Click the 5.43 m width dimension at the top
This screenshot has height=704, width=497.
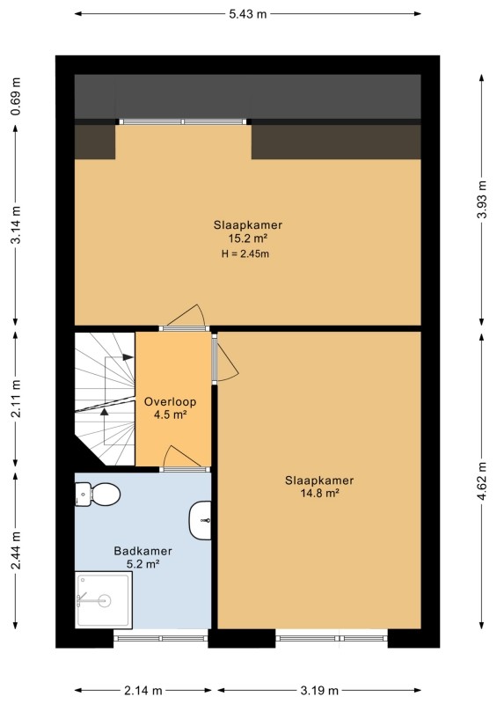pyautogui.click(x=248, y=14)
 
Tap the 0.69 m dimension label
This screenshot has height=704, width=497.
pyautogui.click(x=16, y=97)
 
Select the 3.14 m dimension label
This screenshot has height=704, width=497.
pyautogui.click(x=16, y=225)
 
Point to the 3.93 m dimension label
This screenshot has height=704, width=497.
pyautogui.click(x=482, y=200)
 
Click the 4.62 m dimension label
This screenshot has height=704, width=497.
pyautogui.click(x=482, y=480)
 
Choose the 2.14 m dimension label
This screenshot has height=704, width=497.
pyautogui.click(x=143, y=690)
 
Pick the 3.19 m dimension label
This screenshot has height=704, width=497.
pyautogui.click(x=319, y=690)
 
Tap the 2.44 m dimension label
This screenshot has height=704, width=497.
pyautogui.click(x=16, y=550)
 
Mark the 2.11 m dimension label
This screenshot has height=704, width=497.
pyautogui.click(x=16, y=399)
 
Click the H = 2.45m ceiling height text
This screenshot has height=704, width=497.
pyautogui.click(x=245, y=253)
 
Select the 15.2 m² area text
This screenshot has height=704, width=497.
pyautogui.click(x=248, y=238)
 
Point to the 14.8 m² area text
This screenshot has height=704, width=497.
pyautogui.click(x=319, y=494)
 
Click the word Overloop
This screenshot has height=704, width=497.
pyautogui.click(x=170, y=402)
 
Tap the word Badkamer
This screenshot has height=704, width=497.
pyautogui.click(x=143, y=551)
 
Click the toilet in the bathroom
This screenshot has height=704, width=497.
pyautogui.click(x=97, y=495)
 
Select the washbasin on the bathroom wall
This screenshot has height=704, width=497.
pyautogui.click(x=201, y=520)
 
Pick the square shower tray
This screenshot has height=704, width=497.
pyautogui.click(x=104, y=600)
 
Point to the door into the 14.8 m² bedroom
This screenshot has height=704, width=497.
pyautogui.click(x=225, y=358)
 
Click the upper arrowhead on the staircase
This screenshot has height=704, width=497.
pyautogui.click(x=128, y=357)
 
